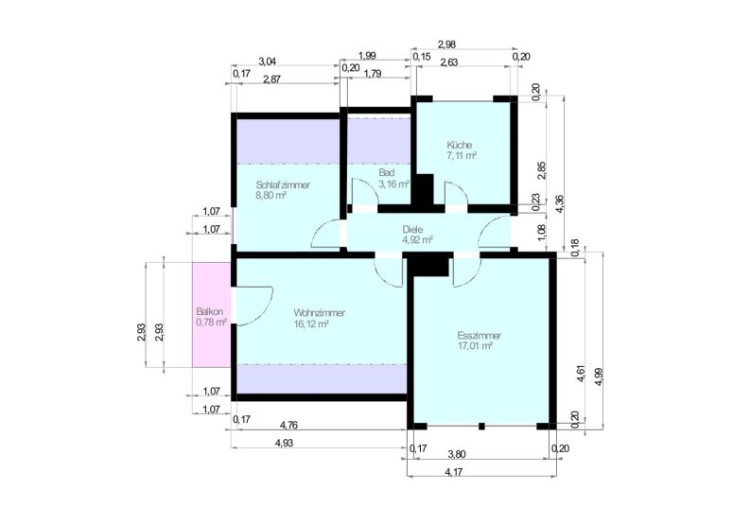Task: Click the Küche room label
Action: click(460, 145)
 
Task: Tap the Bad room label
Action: click(386, 172)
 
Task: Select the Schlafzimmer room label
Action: click(283, 184)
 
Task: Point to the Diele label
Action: click(412, 230)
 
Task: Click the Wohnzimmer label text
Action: click(319, 313)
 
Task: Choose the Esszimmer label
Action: click(479, 335)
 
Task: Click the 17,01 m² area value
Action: click(476, 346)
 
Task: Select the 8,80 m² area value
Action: click(271, 196)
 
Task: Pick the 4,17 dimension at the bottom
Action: click(454, 472)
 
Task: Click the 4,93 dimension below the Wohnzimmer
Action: click(284, 443)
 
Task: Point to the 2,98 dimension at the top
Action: click(446, 44)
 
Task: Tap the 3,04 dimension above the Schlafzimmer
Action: click(268, 61)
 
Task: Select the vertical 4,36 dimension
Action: click(559, 204)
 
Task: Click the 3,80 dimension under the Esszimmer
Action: click(456, 454)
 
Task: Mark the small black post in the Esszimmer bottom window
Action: click(481, 426)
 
